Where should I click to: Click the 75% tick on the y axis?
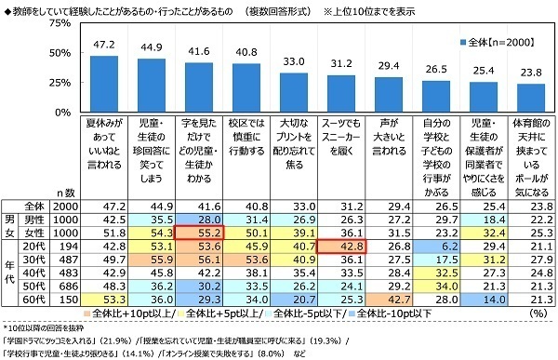tap(58, 23)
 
